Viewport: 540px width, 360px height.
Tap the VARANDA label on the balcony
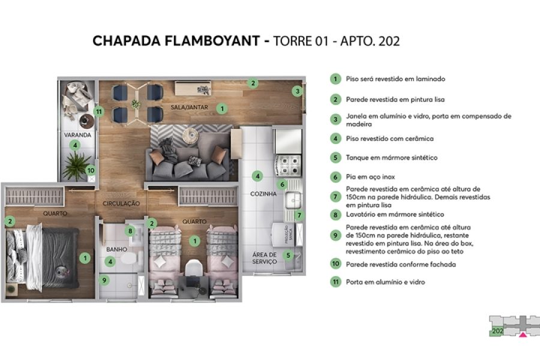coord(78,135)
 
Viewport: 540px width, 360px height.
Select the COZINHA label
coord(263,194)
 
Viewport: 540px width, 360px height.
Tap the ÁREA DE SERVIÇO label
coord(264,258)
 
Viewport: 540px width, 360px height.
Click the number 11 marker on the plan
coord(99,111)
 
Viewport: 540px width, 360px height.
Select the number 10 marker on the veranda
coord(91,170)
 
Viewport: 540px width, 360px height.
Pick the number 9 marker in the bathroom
coord(104,279)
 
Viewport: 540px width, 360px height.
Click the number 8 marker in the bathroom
coord(129,230)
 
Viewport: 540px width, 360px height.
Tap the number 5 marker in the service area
coord(288,255)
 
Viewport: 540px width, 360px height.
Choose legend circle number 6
coord(335,177)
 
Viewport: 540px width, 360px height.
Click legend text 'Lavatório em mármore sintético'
coord(395,214)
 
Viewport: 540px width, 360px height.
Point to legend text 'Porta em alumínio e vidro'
coord(386,282)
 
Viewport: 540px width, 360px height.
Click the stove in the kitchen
coord(287,163)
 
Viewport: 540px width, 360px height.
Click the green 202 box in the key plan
coord(497,330)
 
